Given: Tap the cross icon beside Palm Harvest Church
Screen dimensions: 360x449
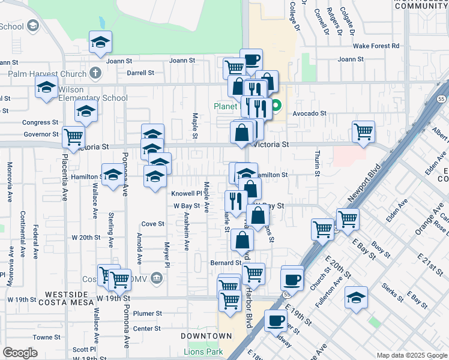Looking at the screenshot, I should click(94, 73).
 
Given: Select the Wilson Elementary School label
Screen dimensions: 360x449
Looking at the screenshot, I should click(94, 98).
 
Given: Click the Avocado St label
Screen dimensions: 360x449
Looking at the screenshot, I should click(309, 113).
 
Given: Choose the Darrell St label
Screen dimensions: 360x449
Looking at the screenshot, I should click(140, 73).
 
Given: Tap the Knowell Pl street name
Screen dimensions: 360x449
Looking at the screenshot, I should click(187, 194).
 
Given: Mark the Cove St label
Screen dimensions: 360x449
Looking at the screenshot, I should click(152, 224).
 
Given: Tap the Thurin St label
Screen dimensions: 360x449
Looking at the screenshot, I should click(316, 161).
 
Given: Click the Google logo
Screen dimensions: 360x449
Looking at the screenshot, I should click(20, 352).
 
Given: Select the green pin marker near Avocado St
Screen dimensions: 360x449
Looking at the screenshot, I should click(276, 107).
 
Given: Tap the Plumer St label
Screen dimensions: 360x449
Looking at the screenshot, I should click(148, 313).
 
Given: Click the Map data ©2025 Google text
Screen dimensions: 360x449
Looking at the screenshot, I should click(411, 355).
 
